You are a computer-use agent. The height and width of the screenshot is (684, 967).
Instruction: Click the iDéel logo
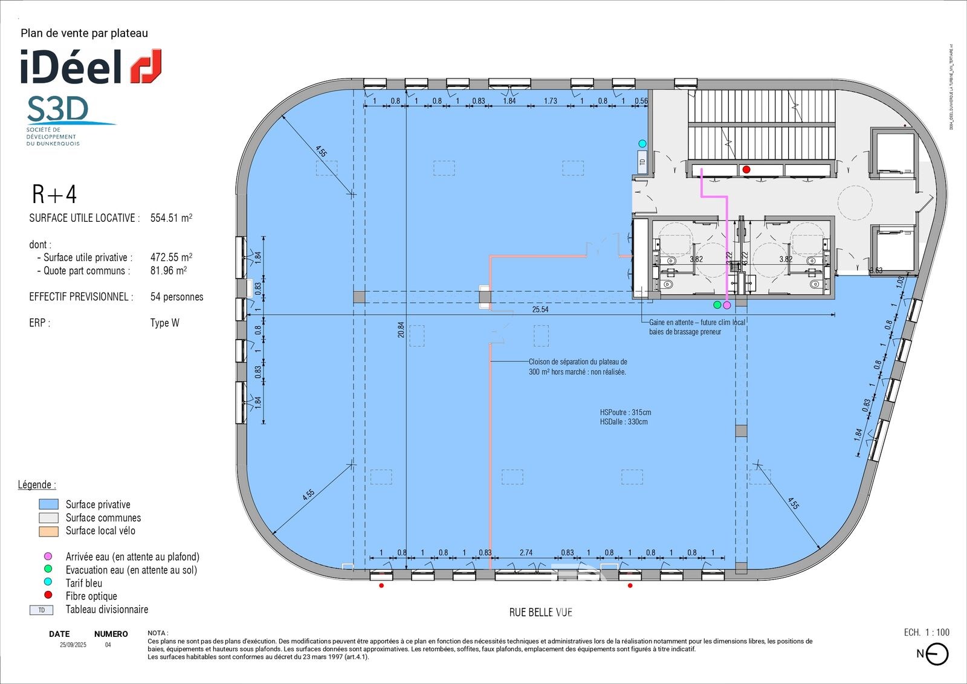(91, 66)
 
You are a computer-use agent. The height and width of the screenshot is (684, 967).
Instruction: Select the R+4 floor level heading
(54, 195)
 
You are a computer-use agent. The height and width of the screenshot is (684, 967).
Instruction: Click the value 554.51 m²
(171, 218)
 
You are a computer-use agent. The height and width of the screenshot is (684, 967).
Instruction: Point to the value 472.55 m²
(171, 257)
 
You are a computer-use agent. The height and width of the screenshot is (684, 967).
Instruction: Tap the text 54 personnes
(176, 297)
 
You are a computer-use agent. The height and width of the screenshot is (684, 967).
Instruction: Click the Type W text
(164, 323)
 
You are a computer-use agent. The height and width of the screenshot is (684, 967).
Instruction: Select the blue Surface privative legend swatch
(48, 505)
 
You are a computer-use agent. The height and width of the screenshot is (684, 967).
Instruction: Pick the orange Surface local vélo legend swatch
(48, 531)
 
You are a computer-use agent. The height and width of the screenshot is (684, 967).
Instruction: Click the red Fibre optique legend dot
(48, 595)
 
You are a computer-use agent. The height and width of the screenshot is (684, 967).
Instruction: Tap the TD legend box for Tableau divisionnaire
(42, 610)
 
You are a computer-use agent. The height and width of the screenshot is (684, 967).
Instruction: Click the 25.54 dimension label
(540, 309)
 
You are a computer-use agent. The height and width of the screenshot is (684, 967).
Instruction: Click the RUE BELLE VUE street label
(540, 612)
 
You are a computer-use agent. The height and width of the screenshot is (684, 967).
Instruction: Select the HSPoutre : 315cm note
(626, 412)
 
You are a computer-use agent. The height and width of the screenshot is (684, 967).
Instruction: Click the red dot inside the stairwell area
(746, 170)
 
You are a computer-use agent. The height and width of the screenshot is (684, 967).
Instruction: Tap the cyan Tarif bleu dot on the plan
(642, 144)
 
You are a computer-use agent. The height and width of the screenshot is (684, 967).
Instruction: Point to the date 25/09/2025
(73, 645)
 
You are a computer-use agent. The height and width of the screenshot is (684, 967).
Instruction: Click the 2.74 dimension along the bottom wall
(526, 552)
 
